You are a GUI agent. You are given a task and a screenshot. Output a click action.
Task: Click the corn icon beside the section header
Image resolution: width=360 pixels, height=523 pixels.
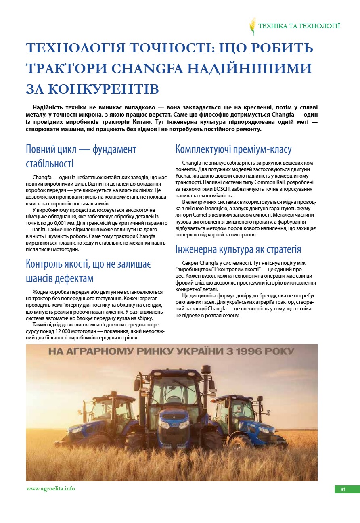(253, 26)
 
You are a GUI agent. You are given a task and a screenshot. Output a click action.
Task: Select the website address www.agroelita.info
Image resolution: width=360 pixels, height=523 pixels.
(50, 489)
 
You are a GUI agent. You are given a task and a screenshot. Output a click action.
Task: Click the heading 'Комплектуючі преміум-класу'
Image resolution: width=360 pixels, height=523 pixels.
(233, 149)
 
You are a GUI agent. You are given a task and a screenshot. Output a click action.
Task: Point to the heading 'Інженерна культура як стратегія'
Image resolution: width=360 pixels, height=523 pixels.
(238, 249)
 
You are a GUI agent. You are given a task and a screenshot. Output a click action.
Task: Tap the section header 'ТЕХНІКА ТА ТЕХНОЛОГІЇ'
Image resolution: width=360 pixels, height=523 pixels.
(299, 26)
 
